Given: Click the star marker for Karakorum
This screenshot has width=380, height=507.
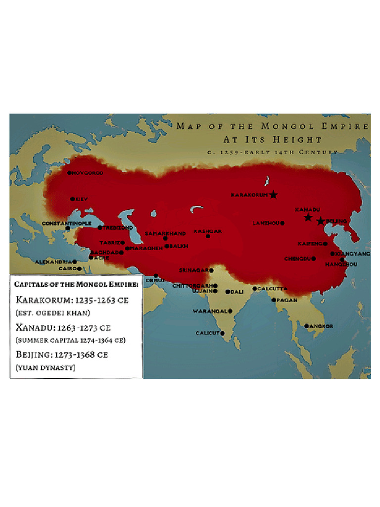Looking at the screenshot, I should click(x=274, y=195).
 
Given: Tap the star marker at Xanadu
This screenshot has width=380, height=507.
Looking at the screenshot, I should click(x=308, y=217).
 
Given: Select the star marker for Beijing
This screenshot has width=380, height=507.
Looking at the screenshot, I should click(x=321, y=221).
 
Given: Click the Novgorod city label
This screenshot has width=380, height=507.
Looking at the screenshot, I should click(x=88, y=173).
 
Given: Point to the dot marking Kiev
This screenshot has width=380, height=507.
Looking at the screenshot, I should click(x=72, y=199).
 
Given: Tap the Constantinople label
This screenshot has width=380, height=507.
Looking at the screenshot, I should click(x=66, y=224).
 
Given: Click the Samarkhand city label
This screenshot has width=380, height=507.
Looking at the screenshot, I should click(x=165, y=233).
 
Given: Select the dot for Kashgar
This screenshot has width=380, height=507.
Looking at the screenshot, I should click(x=208, y=237).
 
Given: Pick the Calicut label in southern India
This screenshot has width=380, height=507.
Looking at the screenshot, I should click(x=207, y=333).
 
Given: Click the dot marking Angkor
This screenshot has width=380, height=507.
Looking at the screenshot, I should click(x=307, y=326).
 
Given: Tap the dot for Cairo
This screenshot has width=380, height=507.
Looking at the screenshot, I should click(x=79, y=269).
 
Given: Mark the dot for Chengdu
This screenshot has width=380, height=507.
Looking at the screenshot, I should click(x=314, y=258).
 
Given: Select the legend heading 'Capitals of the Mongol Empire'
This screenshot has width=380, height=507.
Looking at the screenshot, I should click(x=76, y=284).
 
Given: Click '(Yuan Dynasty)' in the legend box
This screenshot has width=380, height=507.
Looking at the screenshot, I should click(x=46, y=367).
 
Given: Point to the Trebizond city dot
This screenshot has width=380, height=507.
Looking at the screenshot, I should click(x=100, y=228).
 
